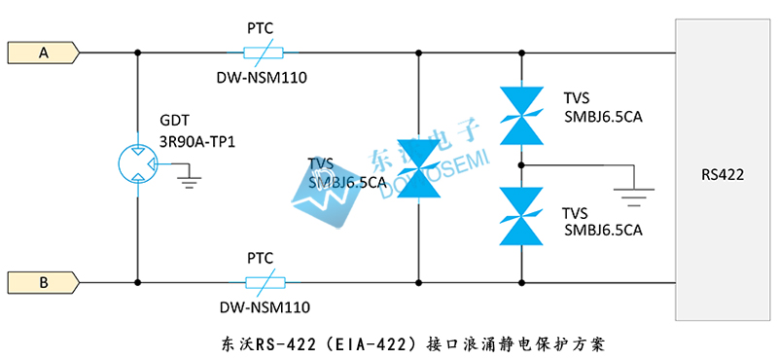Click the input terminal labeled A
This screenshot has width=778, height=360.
pos(44,53)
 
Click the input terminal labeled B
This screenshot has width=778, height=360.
pos(44,282)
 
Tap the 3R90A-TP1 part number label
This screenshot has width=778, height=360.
pos(198,141)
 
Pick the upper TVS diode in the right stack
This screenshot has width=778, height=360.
pos(520,108)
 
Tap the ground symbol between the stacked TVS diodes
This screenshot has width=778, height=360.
pos(632,198)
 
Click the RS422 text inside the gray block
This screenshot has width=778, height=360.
pos(723,175)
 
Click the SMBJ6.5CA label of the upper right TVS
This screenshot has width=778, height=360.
pos(603,117)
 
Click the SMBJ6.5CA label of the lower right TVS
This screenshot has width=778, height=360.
pos(603,231)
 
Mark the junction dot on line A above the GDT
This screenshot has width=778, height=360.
pos(136,53)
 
